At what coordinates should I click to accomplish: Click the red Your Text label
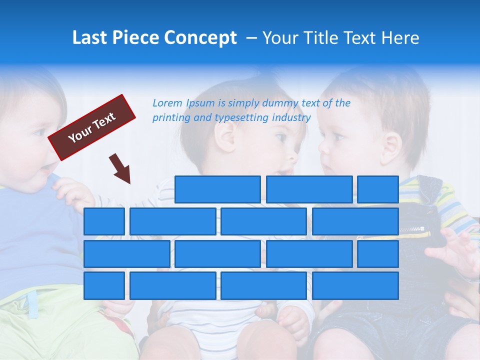[x=92, y=127]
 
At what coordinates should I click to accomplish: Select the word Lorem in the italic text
[x=167, y=103]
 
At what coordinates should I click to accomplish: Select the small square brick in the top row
[x=377, y=189]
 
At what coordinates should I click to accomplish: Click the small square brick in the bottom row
[x=104, y=285]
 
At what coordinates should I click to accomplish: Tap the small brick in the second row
[x=104, y=221]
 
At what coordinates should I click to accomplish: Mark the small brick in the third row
[x=377, y=253]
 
